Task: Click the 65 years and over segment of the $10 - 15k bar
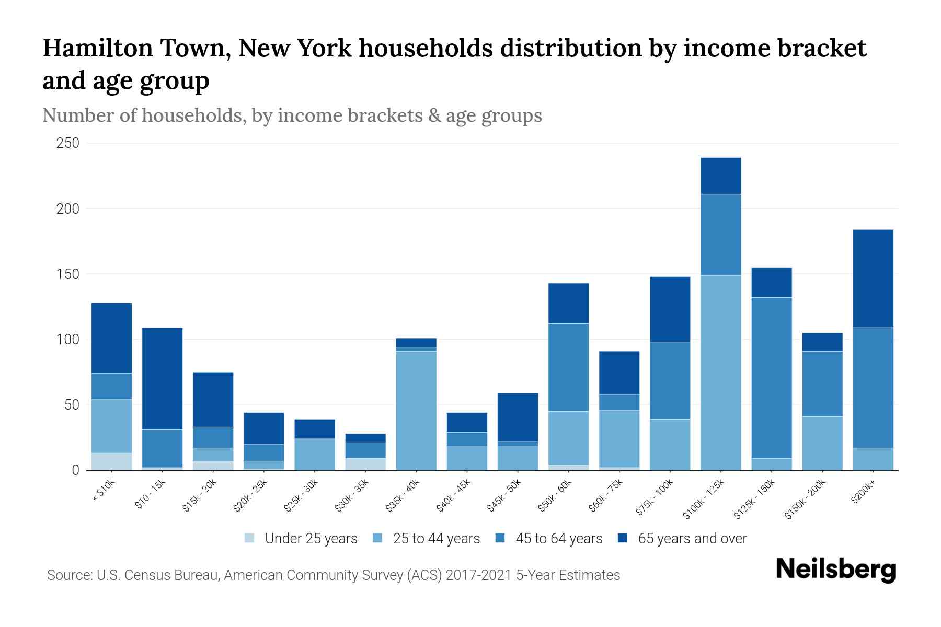pyautogui.click(x=162, y=378)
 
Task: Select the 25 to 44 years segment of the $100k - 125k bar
pyautogui.click(x=720, y=373)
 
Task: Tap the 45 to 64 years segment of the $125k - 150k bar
pyautogui.click(x=771, y=378)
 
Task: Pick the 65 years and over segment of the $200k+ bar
pyautogui.click(x=873, y=278)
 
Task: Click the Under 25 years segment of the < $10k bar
pyautogui.click(x=111, y=461)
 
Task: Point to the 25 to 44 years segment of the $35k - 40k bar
pyautogui.click(x=416, y=410)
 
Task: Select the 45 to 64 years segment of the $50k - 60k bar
pyautogui.click(x=568, y=367)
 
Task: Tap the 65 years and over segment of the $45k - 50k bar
pyautogui.click(x=518, y=417)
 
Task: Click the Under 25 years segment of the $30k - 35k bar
pyautogui.click(x=365, y=464)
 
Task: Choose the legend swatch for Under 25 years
pyautogui.click(x=249, y=538)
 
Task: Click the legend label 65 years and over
pyautogui.click(x=692, y=538)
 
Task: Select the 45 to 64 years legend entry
pyautogui.click(x=558, y=538)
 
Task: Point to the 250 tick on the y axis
pyautogui.click(x=67, y=143)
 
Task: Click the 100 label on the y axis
pyautogui.click(x=67, y=340)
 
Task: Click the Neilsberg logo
pyautogui.click(x=835, y=569)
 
